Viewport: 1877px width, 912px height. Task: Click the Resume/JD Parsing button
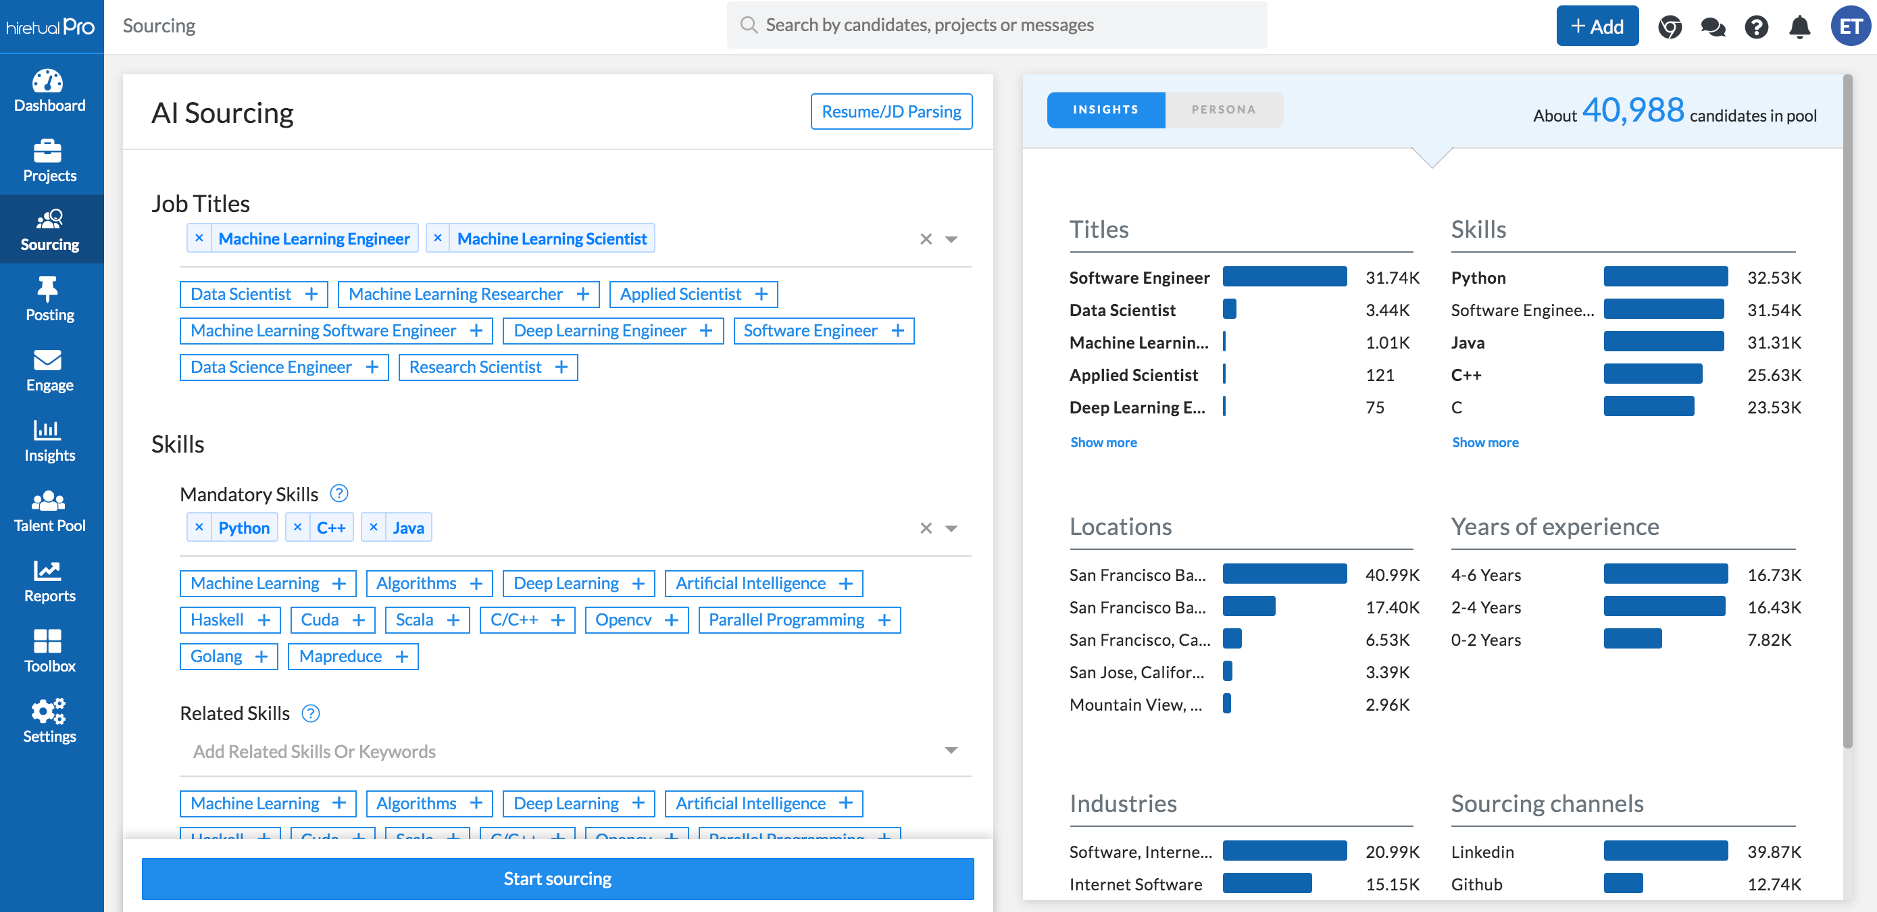[x=891, y=111]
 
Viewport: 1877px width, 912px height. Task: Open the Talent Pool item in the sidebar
[x=49, y=511]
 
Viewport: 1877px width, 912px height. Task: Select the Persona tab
[x=1223, y=109]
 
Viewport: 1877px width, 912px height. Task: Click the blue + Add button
[x=1597, y=26]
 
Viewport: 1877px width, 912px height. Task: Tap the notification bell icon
[x=1799, y=27]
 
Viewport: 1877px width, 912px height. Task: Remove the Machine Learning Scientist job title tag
[x=437, y=238]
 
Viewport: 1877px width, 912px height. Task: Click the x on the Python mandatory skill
[x=199, y=527]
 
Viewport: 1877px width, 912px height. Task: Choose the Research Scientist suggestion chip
[x=487, y=367]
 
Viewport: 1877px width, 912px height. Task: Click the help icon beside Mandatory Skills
[x=339, y=493]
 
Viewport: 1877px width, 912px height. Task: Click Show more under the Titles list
[x=1103, y=442]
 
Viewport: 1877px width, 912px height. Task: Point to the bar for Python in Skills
[x=1665, y=277]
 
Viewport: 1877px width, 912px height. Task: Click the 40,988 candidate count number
[x=1632, y=111]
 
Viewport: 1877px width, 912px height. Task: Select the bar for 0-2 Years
[x=1632, y=639]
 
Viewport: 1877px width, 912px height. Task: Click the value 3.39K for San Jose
[x=1386, y=672]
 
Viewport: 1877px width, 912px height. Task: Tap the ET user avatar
[x=1849, y=27]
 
